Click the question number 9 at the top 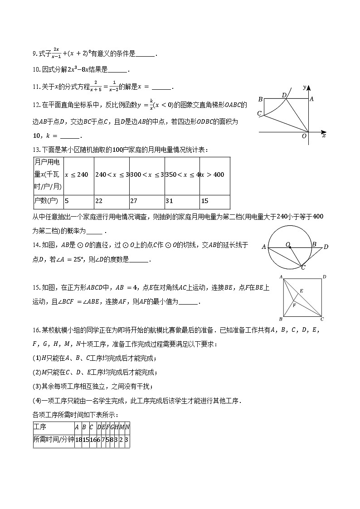(34, 54)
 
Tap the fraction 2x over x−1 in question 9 (57, 53)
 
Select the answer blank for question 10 (118, 70)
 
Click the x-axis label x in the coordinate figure (324, 136)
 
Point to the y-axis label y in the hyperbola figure (306, 86)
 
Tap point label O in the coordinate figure (304, 136)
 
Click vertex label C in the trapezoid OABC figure (259, 113)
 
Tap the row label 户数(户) (46, 201)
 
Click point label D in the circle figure (326, 247)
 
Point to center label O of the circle (287, 244)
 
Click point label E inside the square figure (301, 291)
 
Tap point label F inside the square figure (294, 305)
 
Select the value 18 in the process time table (78, 439)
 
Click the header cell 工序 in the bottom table (40, 427)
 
